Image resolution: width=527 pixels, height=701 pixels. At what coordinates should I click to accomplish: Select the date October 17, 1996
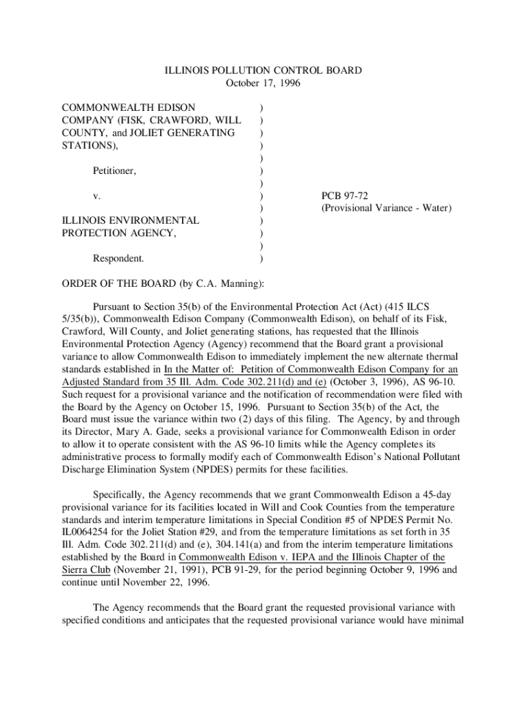click(x=263, y=84)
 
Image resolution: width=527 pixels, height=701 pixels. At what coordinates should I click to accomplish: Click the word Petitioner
click(x=114, y=170)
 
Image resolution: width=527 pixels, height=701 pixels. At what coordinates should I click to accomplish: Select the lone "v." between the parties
click(x=97, y=196)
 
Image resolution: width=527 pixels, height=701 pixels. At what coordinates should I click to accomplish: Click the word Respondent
click(x=118, y=259)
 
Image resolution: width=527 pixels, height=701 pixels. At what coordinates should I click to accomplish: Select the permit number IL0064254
click(x=88, y=520)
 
